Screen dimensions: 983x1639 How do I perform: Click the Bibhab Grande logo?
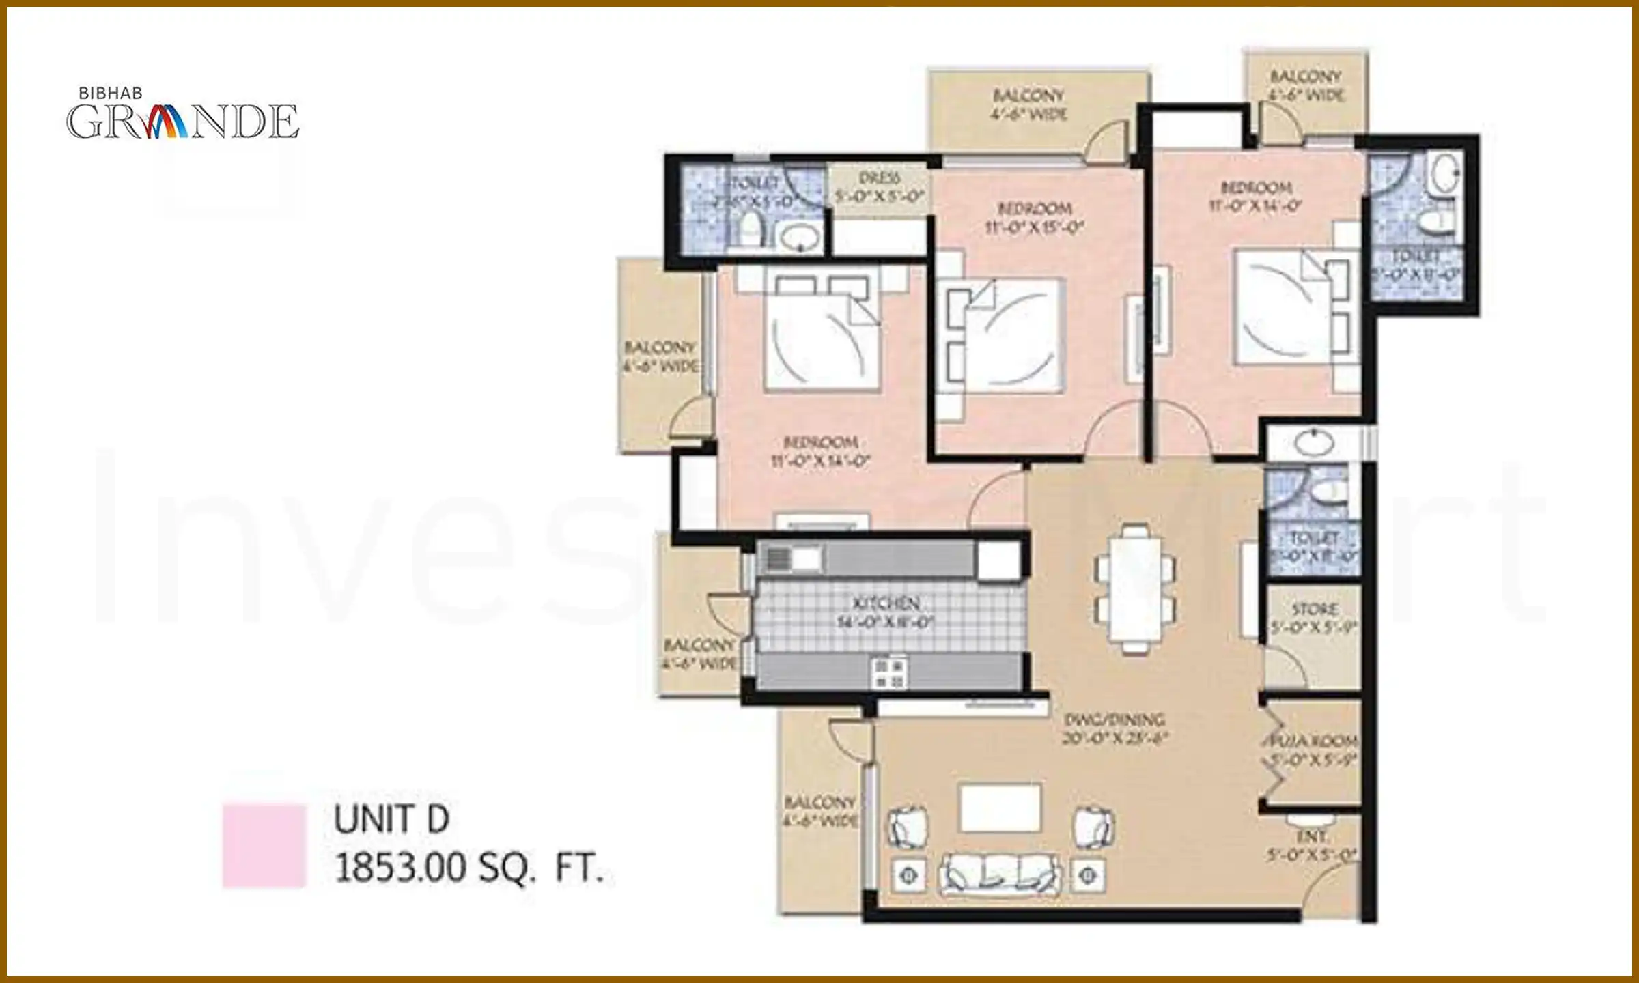[182, 115]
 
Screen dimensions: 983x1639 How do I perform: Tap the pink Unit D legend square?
[264, 846]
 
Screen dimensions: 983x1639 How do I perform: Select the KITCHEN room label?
[885, 612]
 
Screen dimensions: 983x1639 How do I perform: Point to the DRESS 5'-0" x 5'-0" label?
[879, 187]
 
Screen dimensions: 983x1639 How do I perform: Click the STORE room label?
[1314, 617]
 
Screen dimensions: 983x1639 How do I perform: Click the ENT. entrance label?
[1311, 845]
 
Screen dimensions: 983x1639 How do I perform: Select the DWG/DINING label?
[1115, 728]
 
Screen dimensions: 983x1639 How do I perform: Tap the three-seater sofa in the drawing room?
[1000, 874]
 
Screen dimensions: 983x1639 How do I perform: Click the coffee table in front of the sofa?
[1000, 808]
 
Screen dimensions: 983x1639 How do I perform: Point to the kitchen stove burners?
[889, 672]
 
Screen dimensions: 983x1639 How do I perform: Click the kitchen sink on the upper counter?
[792, 559]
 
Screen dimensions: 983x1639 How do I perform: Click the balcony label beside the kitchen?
[699, 653]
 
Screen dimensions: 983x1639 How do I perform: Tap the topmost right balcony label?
[1306, 85]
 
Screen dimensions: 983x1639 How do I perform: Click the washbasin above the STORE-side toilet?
[1313, 442]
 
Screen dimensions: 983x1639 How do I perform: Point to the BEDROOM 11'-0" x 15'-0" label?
[1035, 218]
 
